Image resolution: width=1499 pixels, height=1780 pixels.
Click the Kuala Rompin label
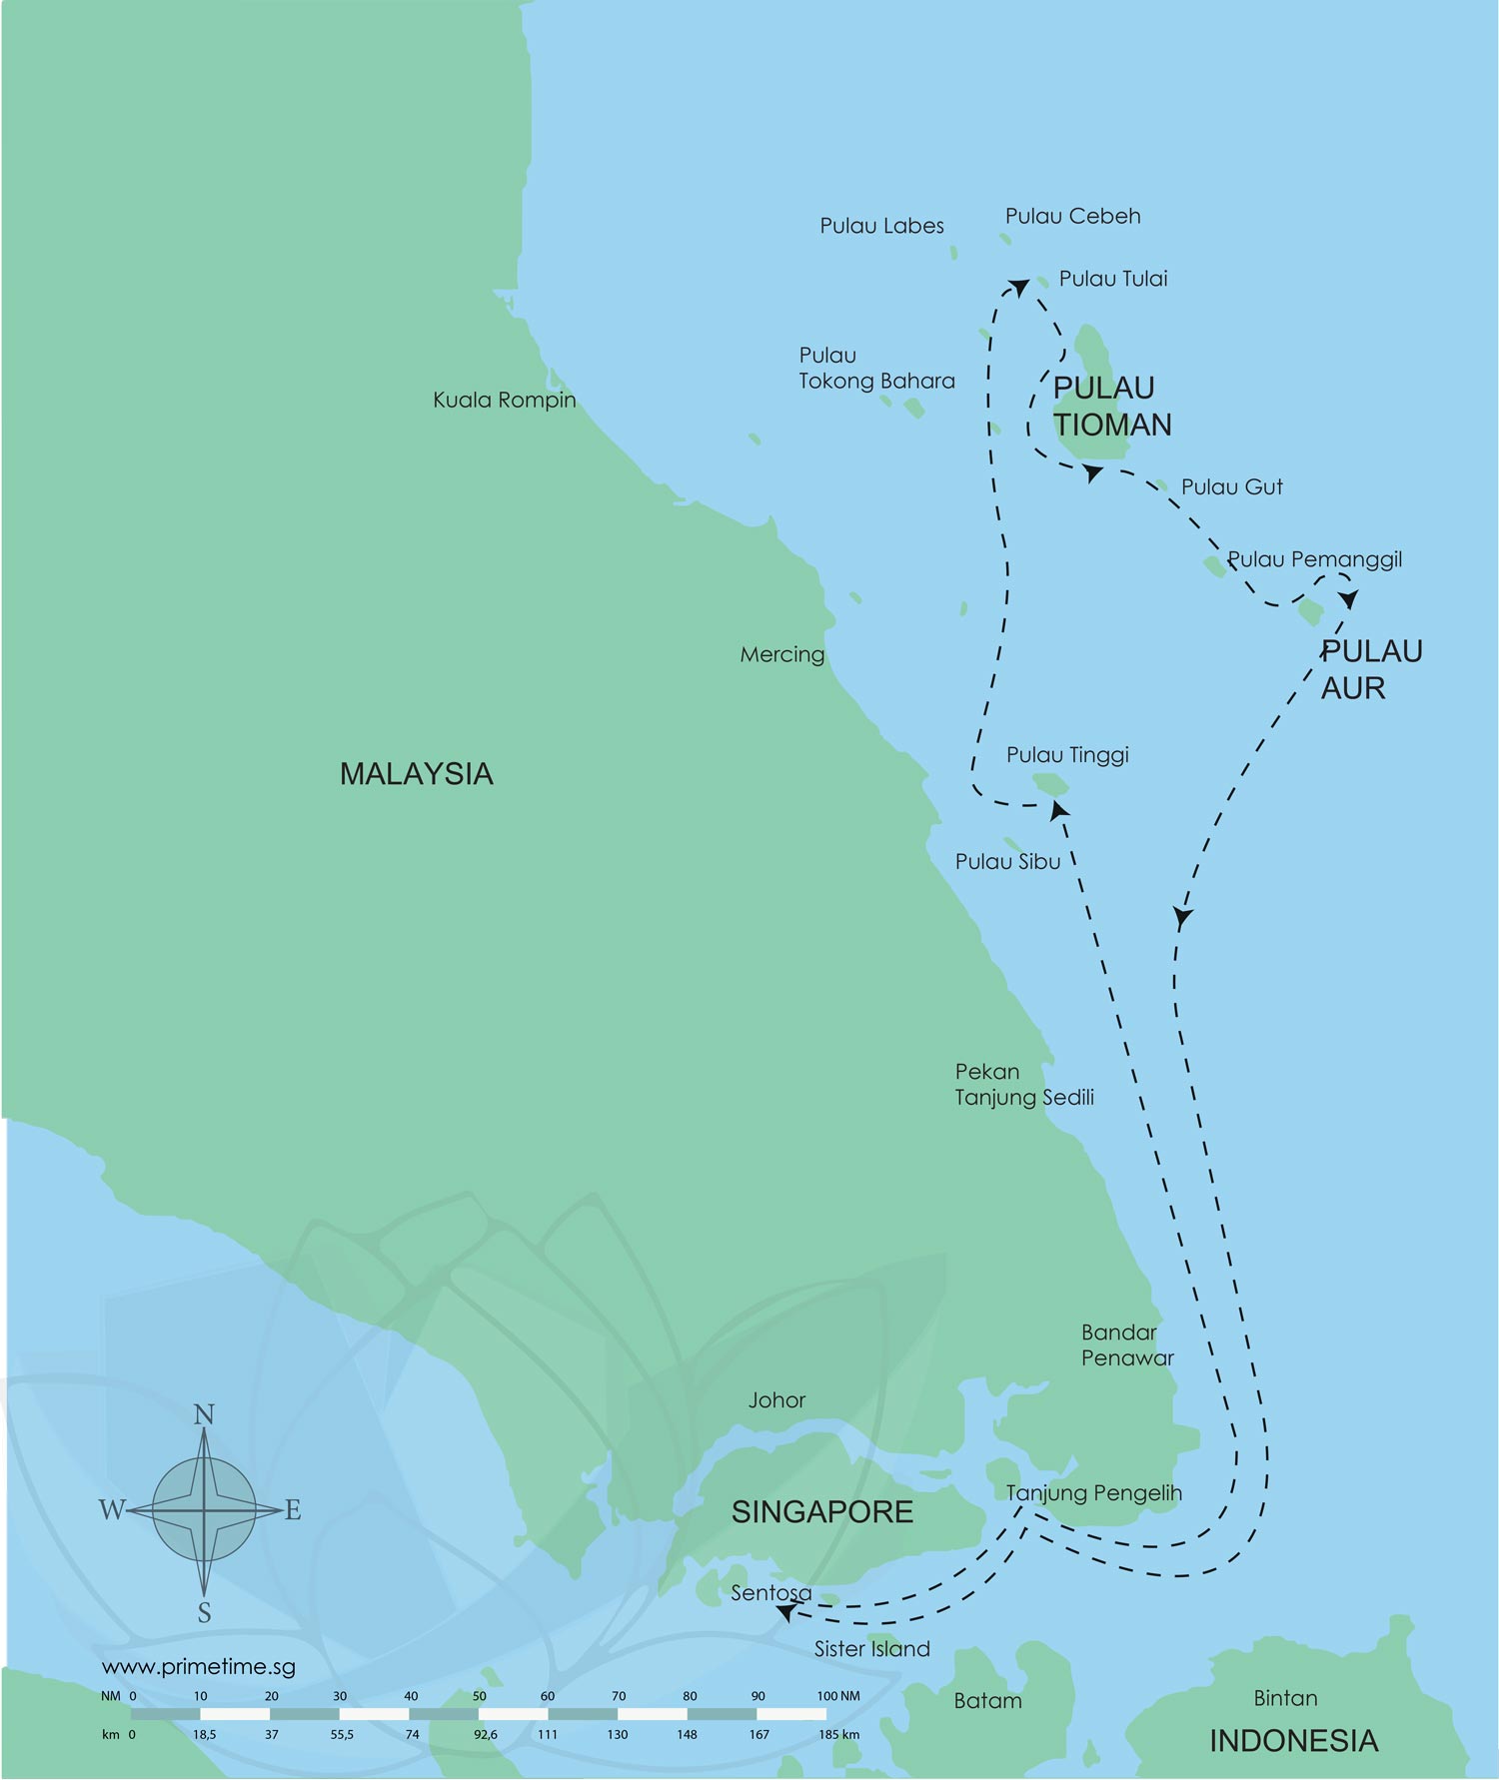(504, 401)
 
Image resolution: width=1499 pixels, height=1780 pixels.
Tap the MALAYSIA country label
(416, 774)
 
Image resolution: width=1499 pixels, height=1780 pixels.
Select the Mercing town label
(781, 655)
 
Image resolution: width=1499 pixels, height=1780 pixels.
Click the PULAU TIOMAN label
(1111, 407)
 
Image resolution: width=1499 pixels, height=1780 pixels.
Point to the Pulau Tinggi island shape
(1049, 783)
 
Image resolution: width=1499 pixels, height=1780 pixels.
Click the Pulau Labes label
(881, 227)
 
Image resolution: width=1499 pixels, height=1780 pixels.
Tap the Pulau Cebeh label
(1072, 217)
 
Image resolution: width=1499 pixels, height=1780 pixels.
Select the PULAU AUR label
(1370, 669)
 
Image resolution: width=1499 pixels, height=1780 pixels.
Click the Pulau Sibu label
(1007, 862)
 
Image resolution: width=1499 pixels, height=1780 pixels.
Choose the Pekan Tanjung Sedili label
(1023, 1085)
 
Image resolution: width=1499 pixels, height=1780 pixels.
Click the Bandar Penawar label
(1126, 1345)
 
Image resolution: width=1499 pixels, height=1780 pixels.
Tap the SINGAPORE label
(821, 1512)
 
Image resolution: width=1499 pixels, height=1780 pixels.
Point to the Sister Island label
(871, 1649)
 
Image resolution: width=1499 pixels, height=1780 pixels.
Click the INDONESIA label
(1293, 1741)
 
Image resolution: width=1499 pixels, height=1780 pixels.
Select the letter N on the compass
(204, 1415)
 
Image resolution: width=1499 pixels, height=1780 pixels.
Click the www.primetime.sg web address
(198, 1667)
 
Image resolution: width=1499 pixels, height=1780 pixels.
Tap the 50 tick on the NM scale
(479, 1696)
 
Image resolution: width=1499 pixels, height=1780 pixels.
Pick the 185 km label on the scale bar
(838, 1734)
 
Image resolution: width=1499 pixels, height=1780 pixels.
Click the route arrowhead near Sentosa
(786, 1611)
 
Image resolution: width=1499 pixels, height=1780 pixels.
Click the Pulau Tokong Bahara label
(875, 369)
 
